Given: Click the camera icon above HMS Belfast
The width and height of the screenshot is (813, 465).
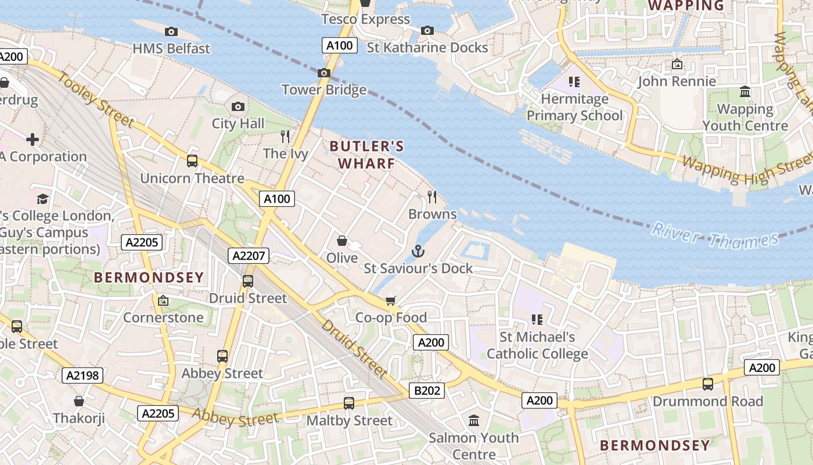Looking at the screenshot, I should tap(171, 31).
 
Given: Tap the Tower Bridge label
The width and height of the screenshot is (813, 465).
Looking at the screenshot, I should tap(324, 90).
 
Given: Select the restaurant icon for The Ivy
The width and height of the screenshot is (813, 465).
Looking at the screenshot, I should tap(285, 137).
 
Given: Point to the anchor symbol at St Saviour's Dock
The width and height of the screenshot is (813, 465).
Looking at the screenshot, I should tap(418, 251).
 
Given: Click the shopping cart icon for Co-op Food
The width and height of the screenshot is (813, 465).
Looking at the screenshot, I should tap(391, 301).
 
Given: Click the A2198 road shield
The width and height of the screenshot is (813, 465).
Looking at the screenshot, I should tap(82, 375).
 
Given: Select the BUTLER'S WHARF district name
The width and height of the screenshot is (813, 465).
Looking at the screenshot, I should tap(366, 155).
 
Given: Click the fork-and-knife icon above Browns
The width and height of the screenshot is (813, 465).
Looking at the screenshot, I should tap(432, 197).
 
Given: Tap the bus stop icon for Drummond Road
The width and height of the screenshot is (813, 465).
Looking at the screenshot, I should tap(708, 384).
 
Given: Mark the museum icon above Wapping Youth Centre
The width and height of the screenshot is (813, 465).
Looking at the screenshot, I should tap(745, 92).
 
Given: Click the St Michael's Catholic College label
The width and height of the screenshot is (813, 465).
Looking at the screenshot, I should tap(537, 345).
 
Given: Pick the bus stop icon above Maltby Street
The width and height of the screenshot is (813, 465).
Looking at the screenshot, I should tap(349, 403).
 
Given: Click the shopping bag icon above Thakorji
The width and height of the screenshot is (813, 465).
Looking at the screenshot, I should tap(79, 401).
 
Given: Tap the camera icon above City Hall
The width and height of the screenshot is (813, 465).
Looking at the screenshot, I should tap(238, 106).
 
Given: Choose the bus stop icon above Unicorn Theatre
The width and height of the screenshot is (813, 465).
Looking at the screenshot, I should tap(192, 160).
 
